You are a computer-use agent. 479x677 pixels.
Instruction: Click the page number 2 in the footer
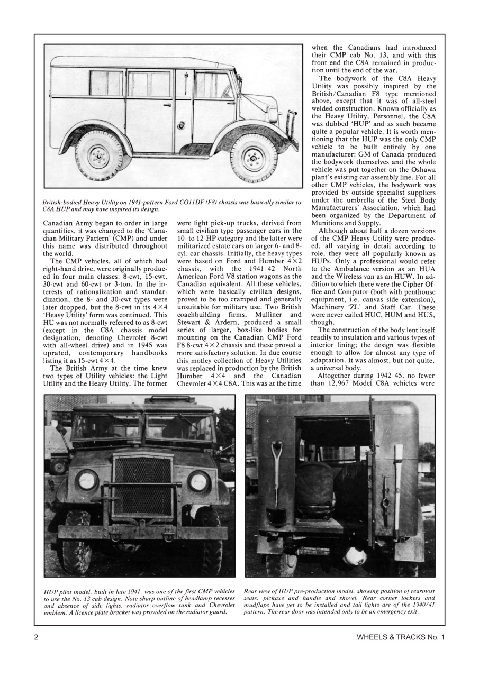(x=37, y=637)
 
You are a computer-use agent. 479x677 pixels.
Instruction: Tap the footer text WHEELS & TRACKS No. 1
(x=401, y=637)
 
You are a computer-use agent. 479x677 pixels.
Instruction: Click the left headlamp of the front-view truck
(x=86, y=480)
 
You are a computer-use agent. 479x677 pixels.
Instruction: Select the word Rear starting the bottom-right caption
(x=252, y=591)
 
